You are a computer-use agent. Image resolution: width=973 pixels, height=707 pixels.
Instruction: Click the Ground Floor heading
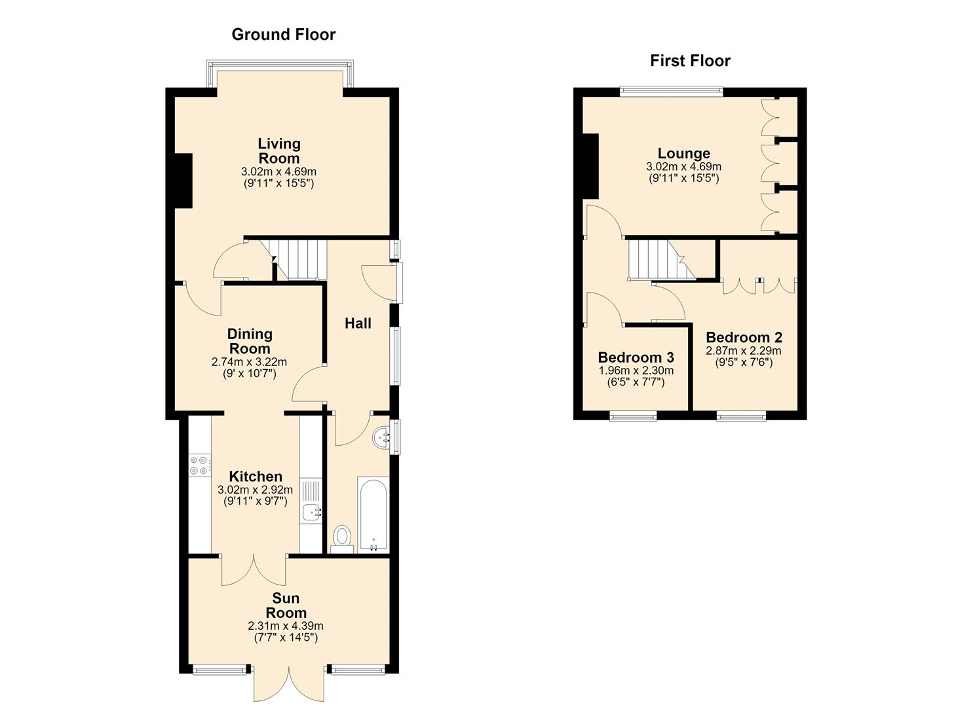(x=283, y=35)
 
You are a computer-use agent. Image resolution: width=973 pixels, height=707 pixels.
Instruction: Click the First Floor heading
(x=690, y=61)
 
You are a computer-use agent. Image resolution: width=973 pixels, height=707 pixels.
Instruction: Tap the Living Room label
(x=279, y=151)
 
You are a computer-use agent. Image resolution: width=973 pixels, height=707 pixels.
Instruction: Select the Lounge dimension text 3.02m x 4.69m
(x=683, y=166)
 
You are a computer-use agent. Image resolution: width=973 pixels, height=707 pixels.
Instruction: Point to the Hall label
(x=358, y=323)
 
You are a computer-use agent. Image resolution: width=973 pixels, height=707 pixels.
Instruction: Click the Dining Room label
(x=250, y=341)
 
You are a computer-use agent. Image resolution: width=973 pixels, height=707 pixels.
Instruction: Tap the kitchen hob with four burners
(x=200, y=465)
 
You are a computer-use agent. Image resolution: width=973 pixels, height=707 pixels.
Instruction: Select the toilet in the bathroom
(x=342, y=539)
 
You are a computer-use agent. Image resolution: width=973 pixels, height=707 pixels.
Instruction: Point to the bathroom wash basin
(x=382, y=438)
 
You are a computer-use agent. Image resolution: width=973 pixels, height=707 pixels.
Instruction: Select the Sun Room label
(x=286, y=606)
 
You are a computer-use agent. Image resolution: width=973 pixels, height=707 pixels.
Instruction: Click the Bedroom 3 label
(x=636, y=357)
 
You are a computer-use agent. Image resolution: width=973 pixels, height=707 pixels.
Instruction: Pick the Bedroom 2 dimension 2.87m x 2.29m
(x=744, y=351)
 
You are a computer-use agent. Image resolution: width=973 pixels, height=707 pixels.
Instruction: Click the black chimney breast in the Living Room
(x=183, y=181)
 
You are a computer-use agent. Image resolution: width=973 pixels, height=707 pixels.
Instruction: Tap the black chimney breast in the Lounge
(x=590, y=166)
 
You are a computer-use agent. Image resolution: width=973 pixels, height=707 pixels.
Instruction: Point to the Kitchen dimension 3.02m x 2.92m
(x=255, y=490)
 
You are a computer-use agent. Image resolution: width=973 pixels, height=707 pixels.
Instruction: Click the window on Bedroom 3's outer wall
(x=633, y=417)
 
